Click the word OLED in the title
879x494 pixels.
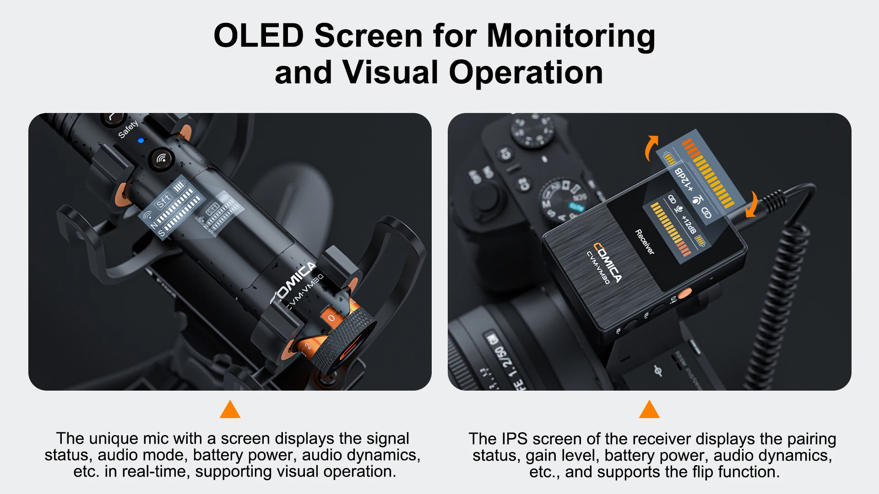coord(259,36)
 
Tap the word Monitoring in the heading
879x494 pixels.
coord(571,36)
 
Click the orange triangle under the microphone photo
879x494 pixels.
coord(230,410)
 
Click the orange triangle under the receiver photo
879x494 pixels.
coord(649,410)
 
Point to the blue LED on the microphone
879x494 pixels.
coord(141,140)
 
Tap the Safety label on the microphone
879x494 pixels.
coord(128,129)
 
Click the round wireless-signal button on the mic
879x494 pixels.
coord(161,159)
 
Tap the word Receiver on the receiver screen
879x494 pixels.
coord(645,242)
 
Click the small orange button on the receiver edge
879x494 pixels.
coord(685,293)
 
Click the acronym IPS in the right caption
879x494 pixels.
coord(515,439)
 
